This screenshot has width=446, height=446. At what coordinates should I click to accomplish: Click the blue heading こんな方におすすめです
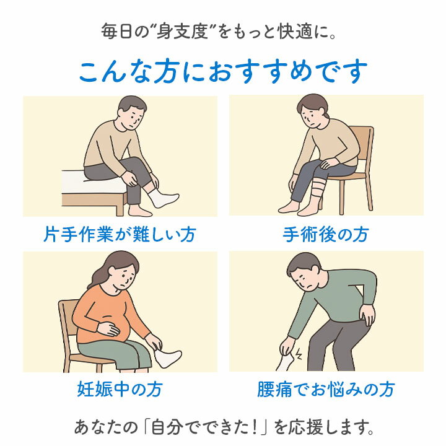pyautogui.click(x=223, y=71)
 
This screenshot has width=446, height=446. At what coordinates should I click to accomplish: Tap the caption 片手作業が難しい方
pyautogui.click(x=120, y=234)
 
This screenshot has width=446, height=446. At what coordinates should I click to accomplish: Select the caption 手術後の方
pyautogui.click(x=326, y=234)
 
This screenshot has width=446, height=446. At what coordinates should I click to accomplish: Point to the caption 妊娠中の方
pyautogui.click(x=120, y=389)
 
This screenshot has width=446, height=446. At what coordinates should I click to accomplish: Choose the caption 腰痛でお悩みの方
pyautogui.click(x=326, y=389)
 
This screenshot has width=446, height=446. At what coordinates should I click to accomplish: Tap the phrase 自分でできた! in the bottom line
pyautogui.click(x=204, y=427)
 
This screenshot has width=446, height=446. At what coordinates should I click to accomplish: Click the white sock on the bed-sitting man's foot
pyautogui.click(x=163, y=197)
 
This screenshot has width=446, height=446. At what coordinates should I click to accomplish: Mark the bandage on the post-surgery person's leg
pyautogui.click(x=318, y=188)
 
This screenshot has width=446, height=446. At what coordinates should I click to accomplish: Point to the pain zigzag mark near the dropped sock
pyautogui.click(x=298, y=354)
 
